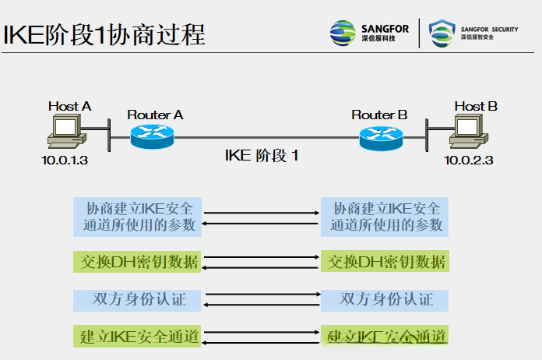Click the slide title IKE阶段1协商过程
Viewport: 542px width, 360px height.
(105, 34)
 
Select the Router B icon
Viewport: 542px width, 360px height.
(380, 137)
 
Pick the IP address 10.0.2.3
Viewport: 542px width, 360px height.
(469, 161)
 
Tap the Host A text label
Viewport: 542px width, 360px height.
(69, 106)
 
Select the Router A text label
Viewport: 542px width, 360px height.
(155, 115)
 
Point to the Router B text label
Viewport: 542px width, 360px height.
(379, 115)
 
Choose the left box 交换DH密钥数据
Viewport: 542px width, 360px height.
(137, 261)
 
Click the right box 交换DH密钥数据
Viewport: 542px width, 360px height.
(385, 261)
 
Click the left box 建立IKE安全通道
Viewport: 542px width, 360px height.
(137, 337)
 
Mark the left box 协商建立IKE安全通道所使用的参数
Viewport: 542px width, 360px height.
(137, 217)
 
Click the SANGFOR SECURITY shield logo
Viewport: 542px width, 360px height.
(442, 33)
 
